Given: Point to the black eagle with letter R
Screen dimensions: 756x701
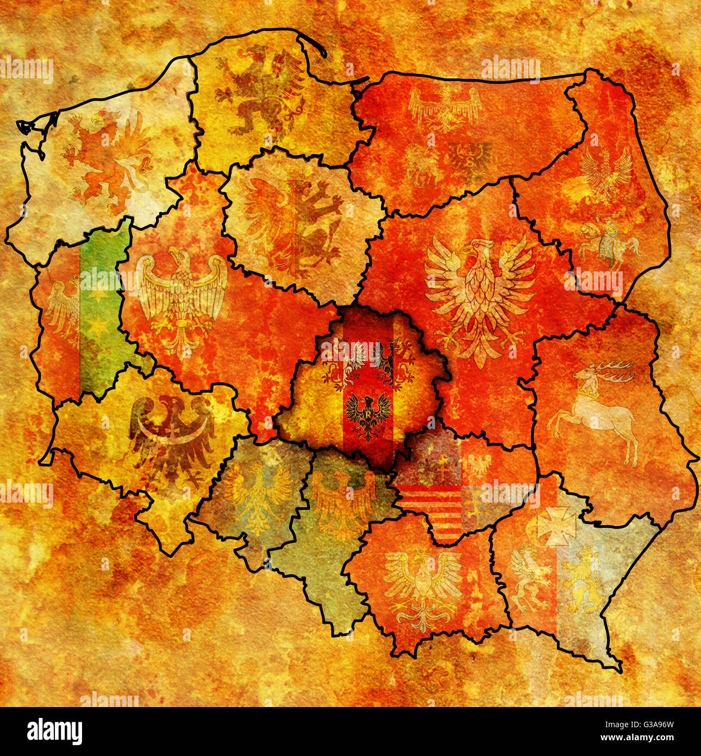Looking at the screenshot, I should click(368, 416).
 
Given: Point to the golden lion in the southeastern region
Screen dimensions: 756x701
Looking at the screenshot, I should click(581, 579).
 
